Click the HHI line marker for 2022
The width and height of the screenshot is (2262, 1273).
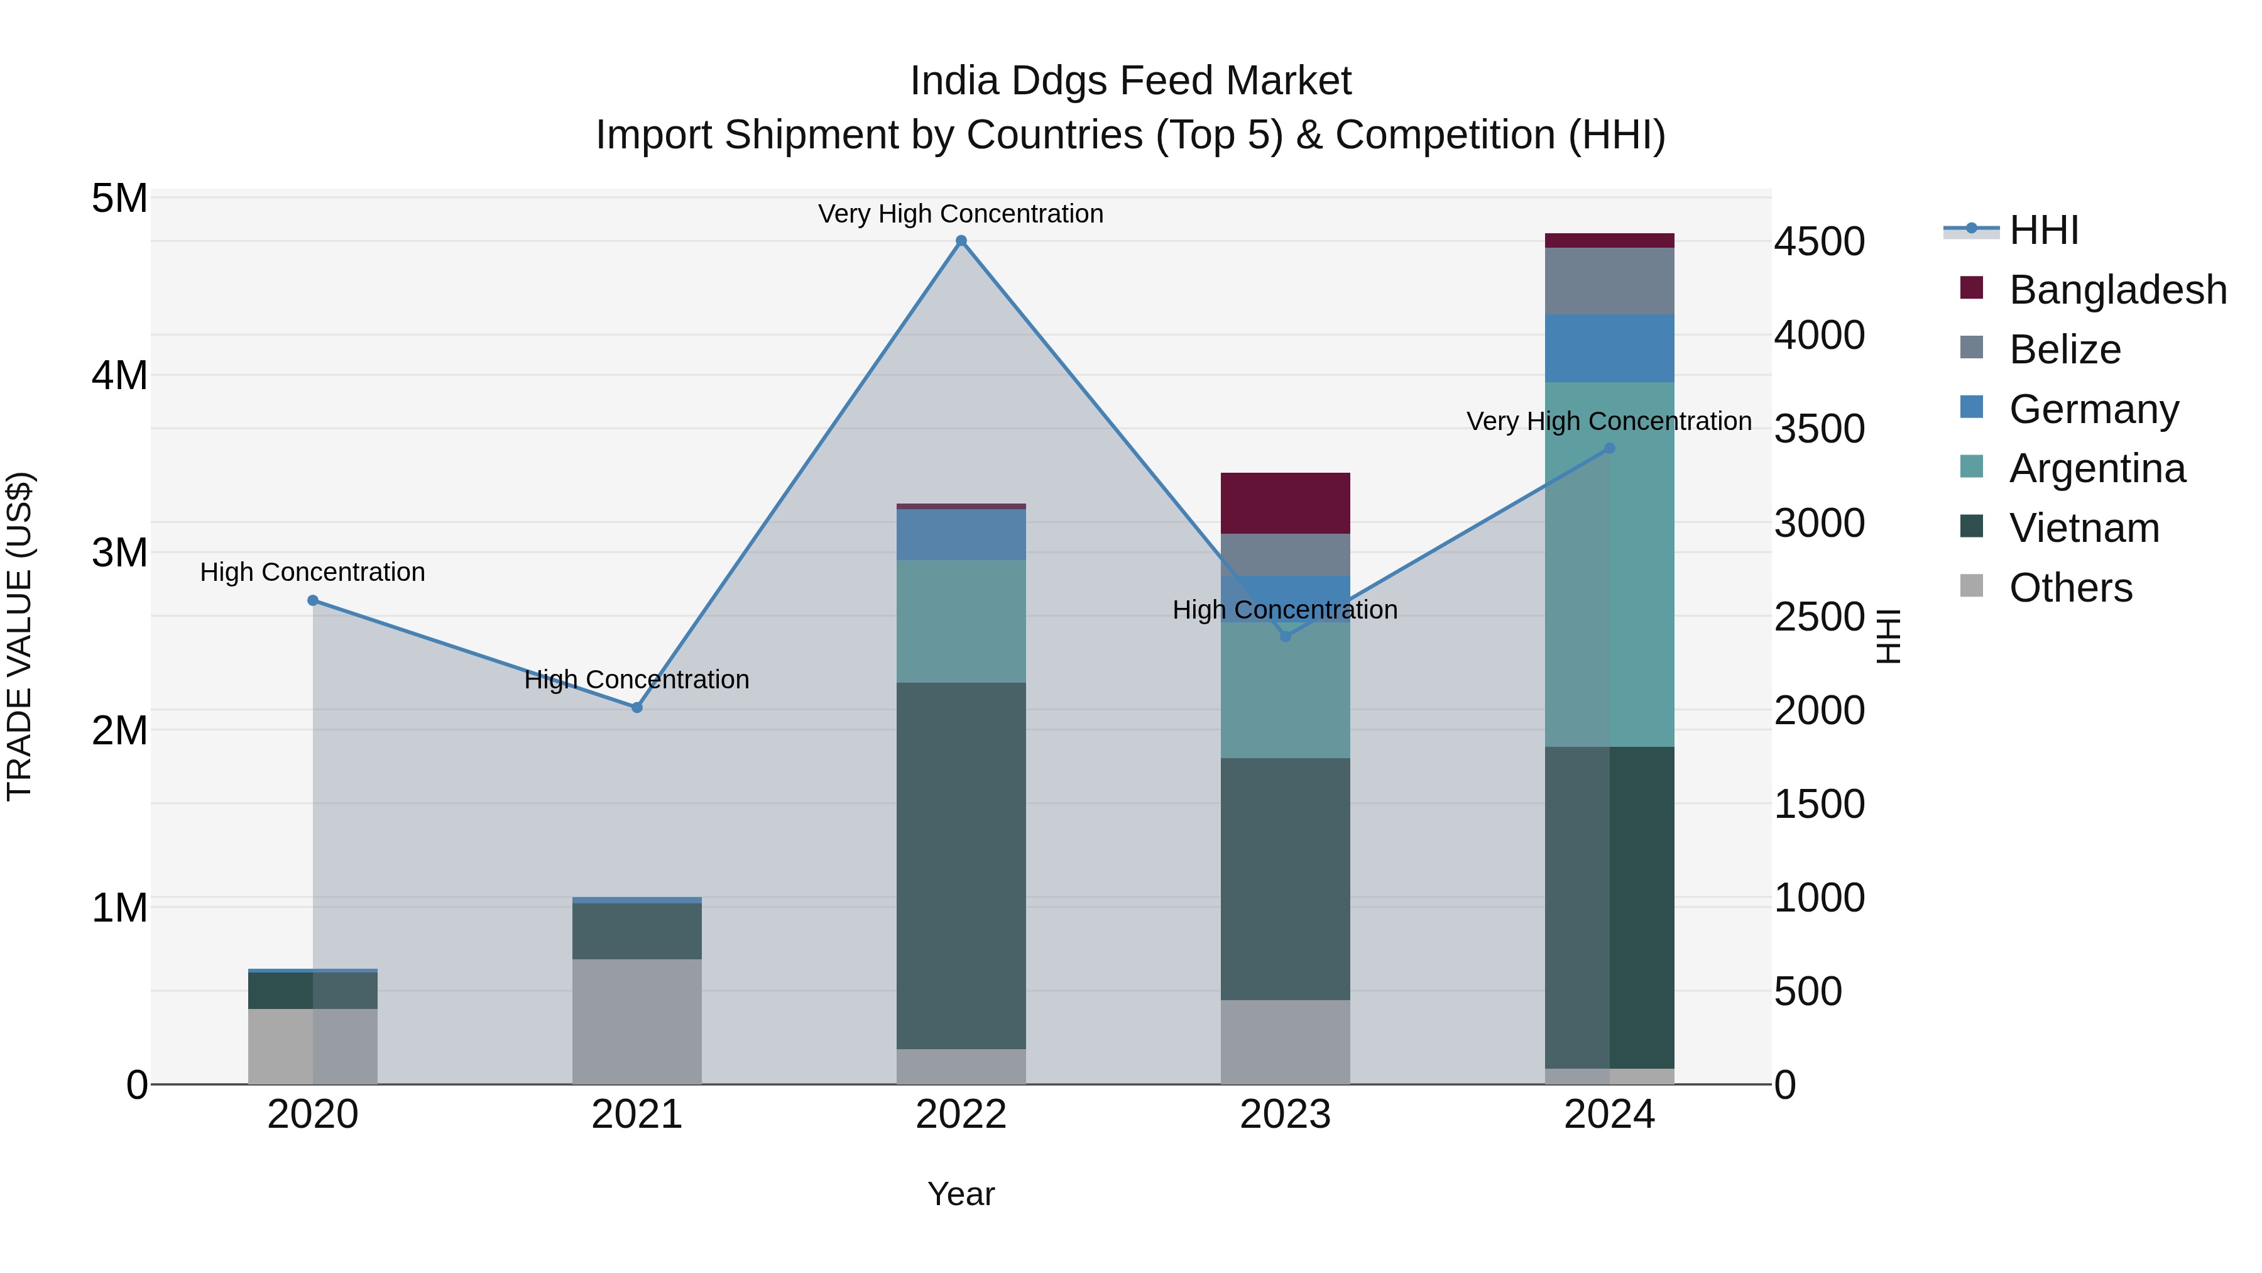coord(961,241)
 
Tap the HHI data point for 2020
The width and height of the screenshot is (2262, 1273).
coord(313,600)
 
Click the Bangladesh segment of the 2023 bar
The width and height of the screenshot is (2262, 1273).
coord(1285,502)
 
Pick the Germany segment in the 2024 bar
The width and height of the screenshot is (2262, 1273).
coord(1609,348)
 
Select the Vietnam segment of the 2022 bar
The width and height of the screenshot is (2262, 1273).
coord(961,866)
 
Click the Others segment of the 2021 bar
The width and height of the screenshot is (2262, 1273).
coord(637,1021)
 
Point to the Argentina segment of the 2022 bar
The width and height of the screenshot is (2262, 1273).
coord(961,621)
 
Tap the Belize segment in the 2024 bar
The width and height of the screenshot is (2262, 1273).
coord(1609,281)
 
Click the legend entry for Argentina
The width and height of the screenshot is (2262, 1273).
coord(2096,468)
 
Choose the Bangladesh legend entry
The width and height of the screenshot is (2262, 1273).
coord(2117,290)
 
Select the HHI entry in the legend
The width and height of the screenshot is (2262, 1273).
coord(2043,230)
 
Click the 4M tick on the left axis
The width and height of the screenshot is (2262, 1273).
coord(119,375)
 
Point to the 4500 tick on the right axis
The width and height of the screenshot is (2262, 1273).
coord(1818,241)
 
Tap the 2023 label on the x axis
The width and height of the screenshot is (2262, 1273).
coord(1285,1115)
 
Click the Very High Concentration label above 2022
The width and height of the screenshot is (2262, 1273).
coord(961,214)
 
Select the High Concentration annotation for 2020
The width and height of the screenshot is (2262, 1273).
coord(313,572)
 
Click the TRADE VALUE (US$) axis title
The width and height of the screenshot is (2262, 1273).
coord(19,636)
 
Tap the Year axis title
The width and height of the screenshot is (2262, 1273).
coord(961,1194)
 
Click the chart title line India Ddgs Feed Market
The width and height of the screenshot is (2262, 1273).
coord(1130,81)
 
